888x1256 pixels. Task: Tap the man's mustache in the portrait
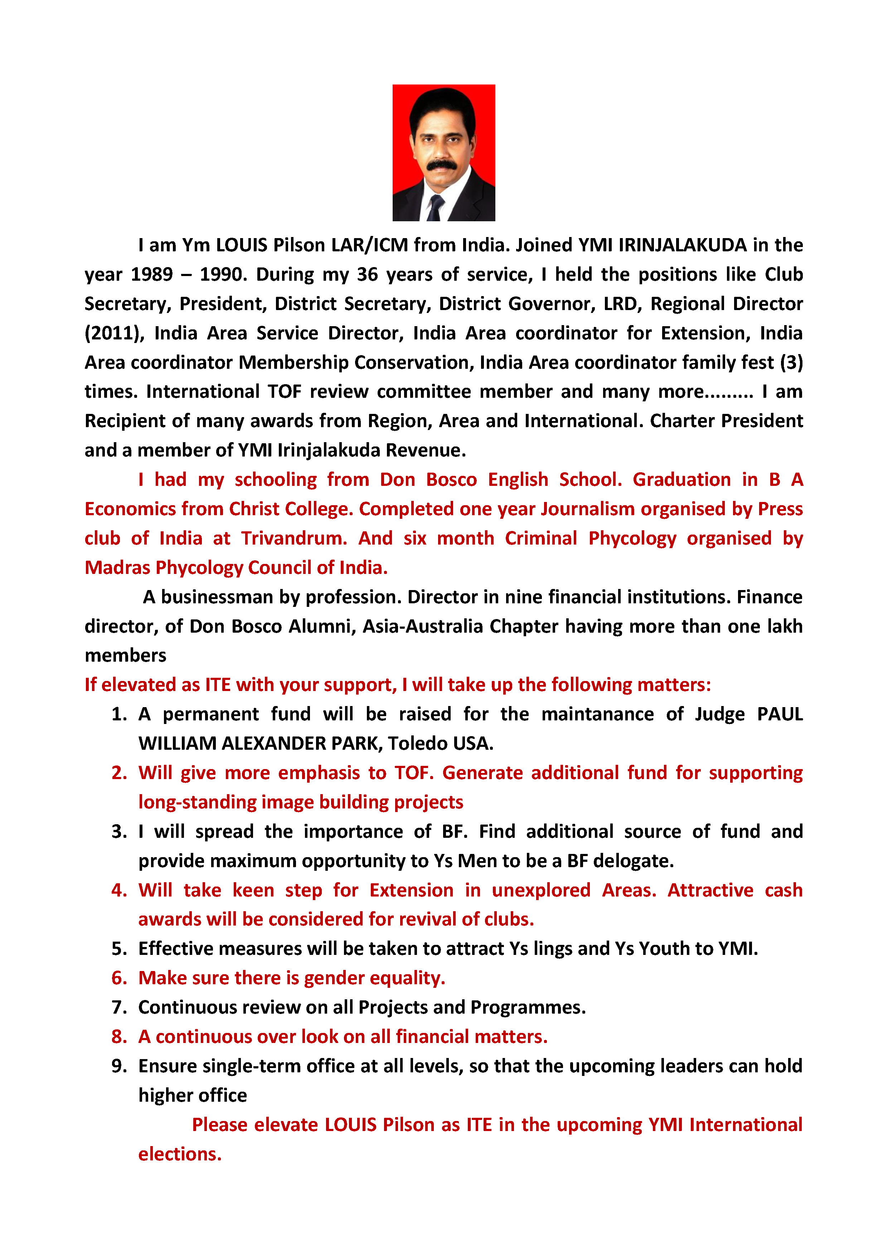pyautogui.click(x=442, y=165)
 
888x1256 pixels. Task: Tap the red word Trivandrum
pyautogui.click(x=294, y=538)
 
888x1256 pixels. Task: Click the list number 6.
pyautogui.click(x=119, y=977)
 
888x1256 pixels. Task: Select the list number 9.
pyautogui.click(x=119, y=1066)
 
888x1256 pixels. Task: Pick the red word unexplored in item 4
pyautogui.click(x=541, y=890)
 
